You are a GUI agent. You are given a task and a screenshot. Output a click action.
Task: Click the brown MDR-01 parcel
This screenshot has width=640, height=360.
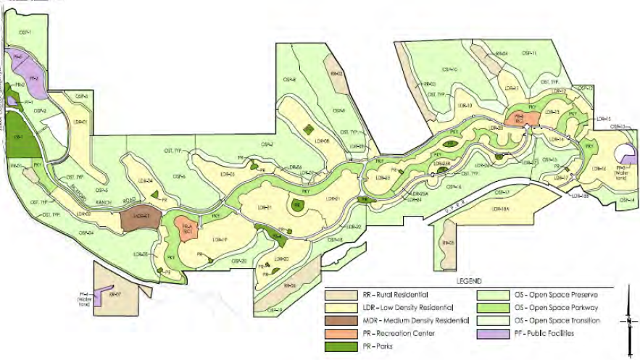[x=141, y=217]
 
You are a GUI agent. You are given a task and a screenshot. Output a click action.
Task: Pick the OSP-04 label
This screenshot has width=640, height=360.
[x=86, y=233]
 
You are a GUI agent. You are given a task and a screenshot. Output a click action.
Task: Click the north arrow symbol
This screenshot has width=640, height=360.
[x=629, y=319]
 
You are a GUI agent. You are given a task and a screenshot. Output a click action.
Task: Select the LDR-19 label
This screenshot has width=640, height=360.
[x=221, y=240]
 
